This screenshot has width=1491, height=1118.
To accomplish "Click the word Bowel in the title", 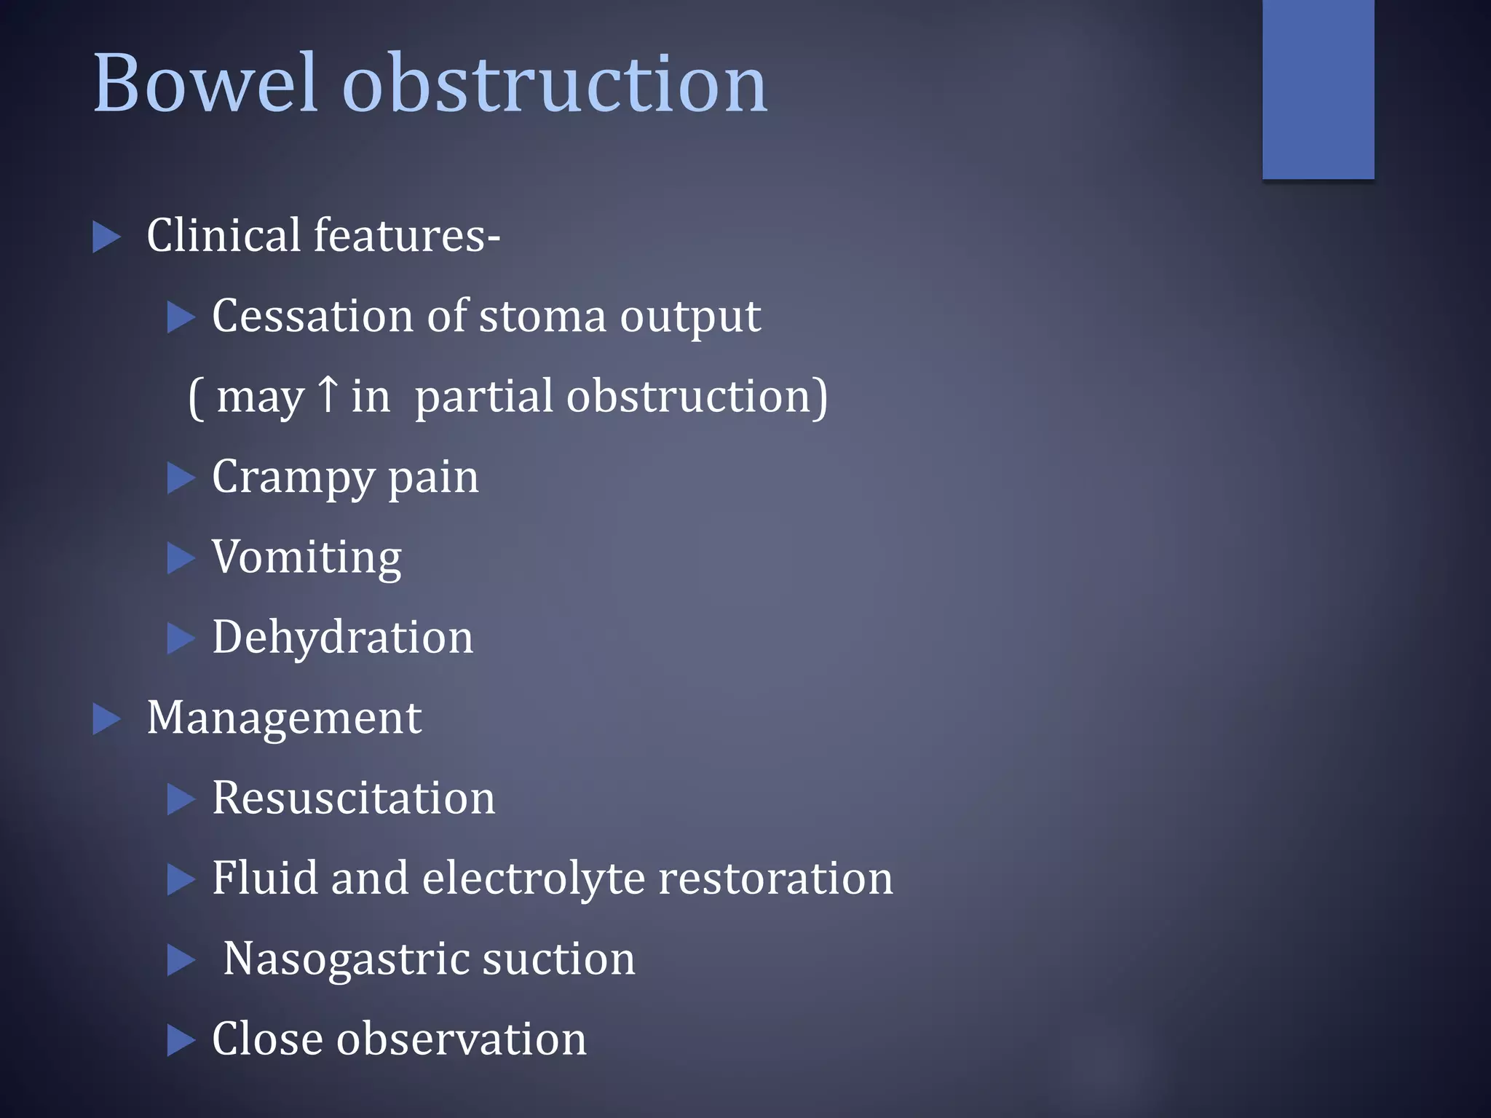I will [x=206, y=84].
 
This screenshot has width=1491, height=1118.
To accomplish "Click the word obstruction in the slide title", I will [x=555, y=84].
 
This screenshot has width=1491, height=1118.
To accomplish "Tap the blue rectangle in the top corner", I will [x=1318, y=89].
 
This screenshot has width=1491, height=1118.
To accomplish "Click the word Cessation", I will [x=312, y=317].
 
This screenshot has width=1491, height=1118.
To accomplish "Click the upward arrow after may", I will [x=328, y=394].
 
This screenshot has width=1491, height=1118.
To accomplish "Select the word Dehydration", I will [x=342, y=638].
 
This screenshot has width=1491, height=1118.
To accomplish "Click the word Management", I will [x=284, y=718].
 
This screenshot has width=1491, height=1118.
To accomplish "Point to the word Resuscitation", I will [x=353, y=798].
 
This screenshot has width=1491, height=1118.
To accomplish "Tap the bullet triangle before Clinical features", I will [x=106, y=238].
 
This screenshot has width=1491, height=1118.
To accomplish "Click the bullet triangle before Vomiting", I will [x=181, y=558].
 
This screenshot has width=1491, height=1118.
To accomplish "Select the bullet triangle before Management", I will [x=106, y=719].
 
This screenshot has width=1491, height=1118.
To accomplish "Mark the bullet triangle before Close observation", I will [x=181, y=1039].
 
